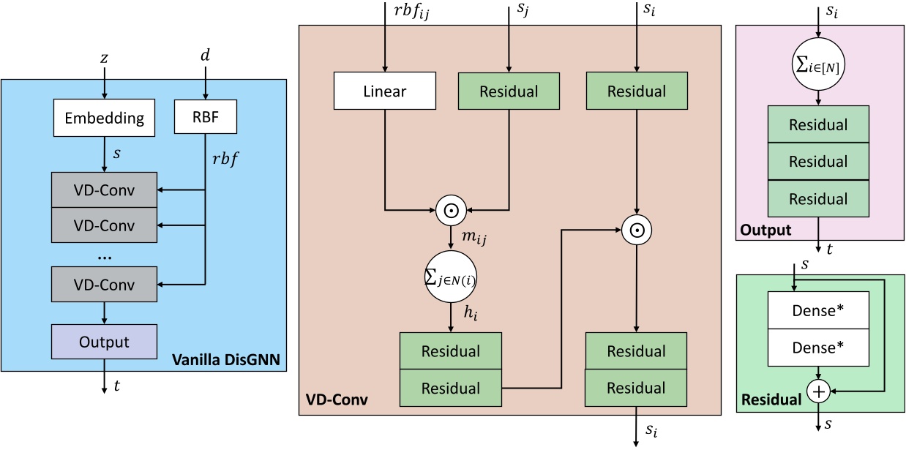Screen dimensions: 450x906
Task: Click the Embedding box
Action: click(x=105, y=117)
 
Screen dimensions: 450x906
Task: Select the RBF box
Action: click(x=206, y=117)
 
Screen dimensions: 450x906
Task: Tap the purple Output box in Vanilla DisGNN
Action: click(x=105, y=342)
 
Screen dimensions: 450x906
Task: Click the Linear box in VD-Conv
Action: click(x=385, y=91)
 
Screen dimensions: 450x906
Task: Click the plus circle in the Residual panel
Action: click(x=817, y=391)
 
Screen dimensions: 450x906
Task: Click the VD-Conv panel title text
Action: click(x=337, y=401)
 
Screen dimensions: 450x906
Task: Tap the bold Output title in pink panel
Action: click(x=766, y=230)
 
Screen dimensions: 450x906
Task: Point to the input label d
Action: click(x=206, y=56)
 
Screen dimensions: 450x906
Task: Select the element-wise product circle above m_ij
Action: click(x=451, y=211)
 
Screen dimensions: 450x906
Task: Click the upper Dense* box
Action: click(x=817, y=310)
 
